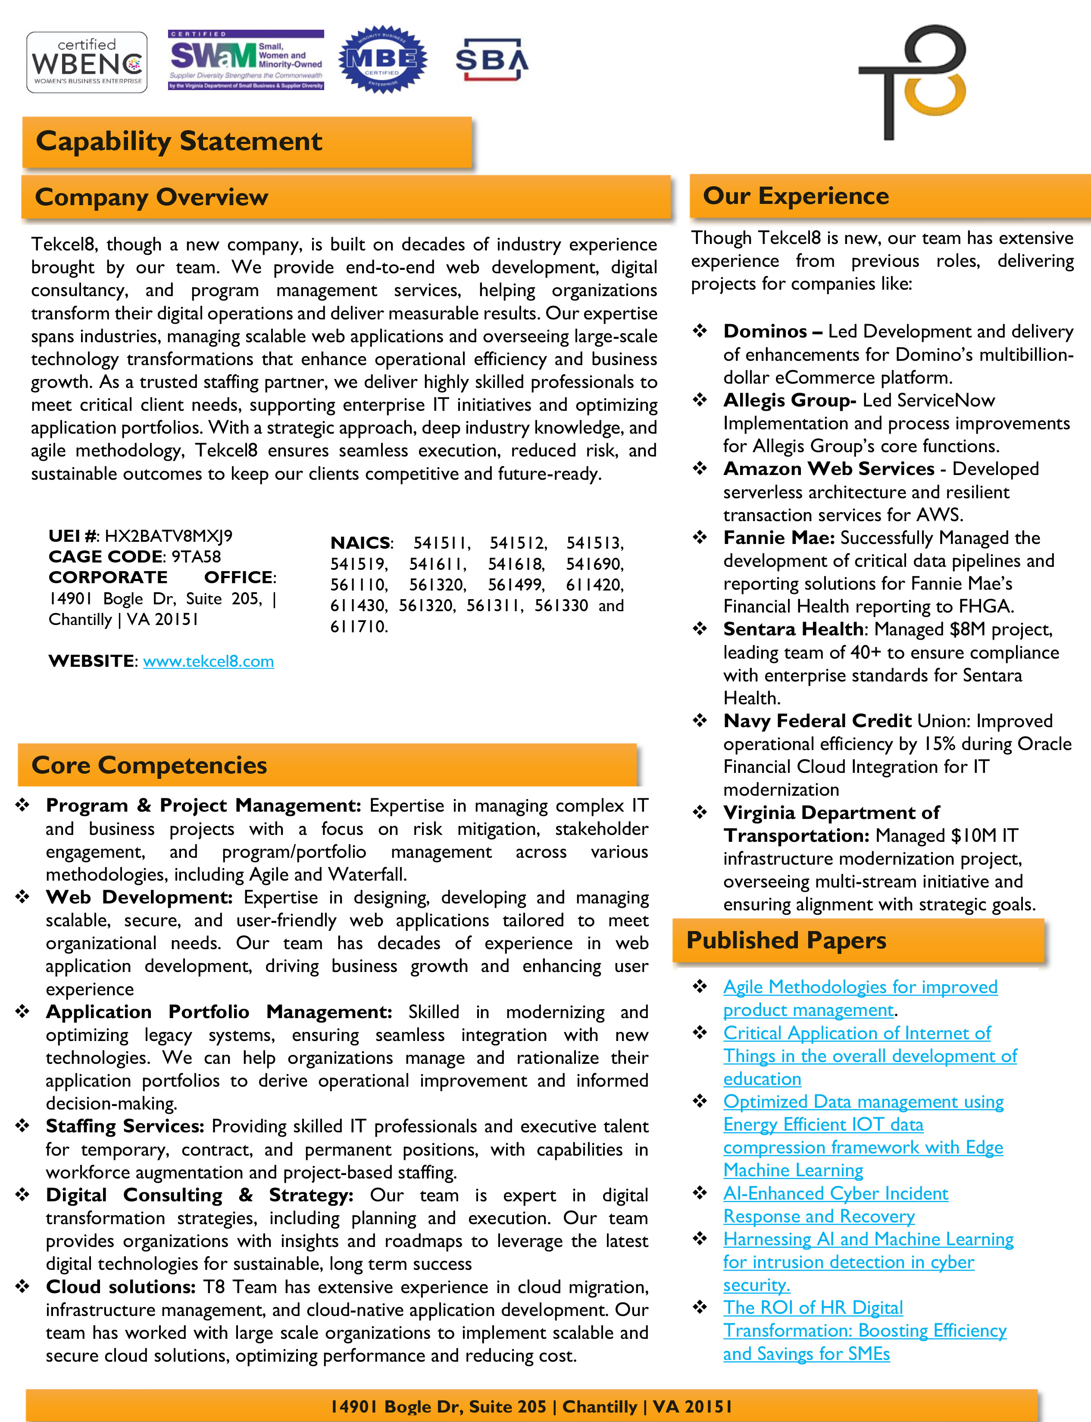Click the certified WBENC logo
(86, 63)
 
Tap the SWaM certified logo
(245, 60)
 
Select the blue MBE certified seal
(382, 60)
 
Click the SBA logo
(491, 60)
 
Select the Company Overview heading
(151, 197)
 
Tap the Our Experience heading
(796, 195)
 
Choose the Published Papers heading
(786, 940)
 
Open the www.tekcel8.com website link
(209, 661)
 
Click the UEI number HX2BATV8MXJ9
(168, 536)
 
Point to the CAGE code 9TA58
(196, 556)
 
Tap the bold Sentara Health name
(793, 629)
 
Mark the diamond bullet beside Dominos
(700, 331)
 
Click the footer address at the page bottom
(531, 1406)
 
